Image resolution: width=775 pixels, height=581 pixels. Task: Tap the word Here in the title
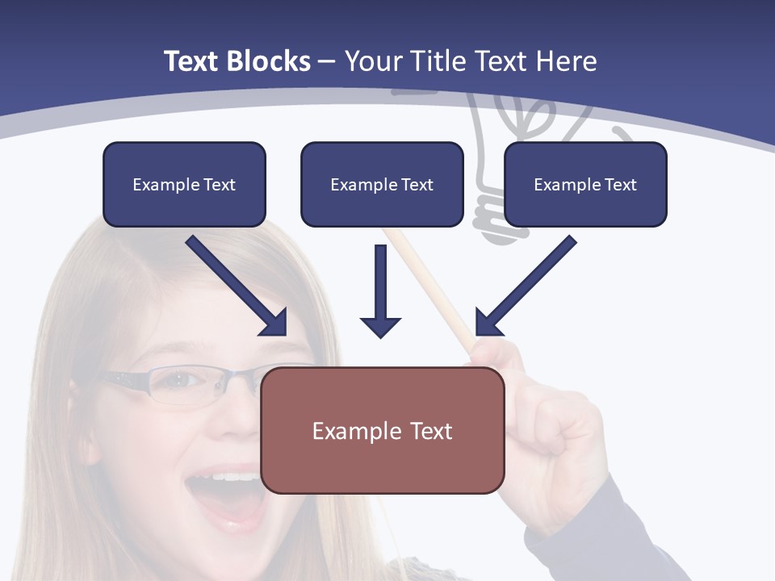point(566,61)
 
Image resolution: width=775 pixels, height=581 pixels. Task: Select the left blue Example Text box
point(184,185)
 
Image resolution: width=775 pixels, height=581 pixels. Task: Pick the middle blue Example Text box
point(382,185)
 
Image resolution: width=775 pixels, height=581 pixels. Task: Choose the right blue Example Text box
point(585,185)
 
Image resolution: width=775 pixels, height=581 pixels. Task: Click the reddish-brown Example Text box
point(383,431)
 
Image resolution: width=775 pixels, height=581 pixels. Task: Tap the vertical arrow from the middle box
point(380,290)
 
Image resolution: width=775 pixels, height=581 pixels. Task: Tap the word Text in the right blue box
point(621,185)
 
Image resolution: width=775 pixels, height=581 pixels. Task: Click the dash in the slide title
point(327,61)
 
